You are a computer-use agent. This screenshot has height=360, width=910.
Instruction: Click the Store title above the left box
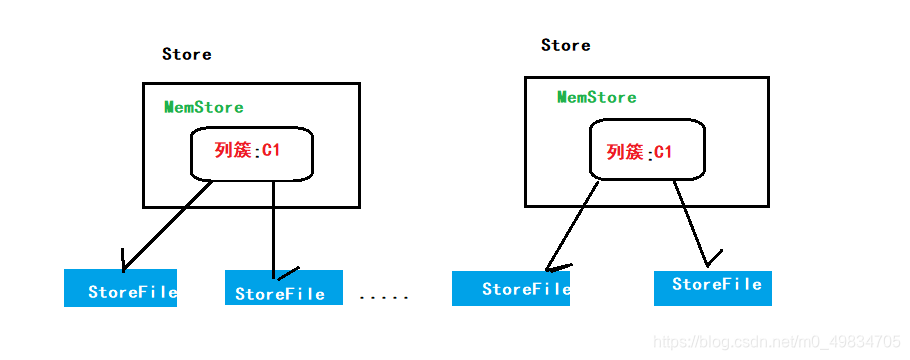(187, 54)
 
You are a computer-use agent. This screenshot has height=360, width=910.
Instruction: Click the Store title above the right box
(566, 45)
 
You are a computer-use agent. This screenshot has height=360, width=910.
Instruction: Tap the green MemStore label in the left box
(204, 107)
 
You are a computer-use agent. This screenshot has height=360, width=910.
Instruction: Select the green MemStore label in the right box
(597, 97)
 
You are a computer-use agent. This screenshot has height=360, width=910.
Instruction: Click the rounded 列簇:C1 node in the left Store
(252, 154)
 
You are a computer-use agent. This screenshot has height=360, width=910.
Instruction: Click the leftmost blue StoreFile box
(120, 288)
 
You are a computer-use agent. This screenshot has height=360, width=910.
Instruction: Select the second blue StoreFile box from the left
(284, 289)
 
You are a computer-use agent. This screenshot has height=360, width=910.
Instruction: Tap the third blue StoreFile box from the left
(510, 288)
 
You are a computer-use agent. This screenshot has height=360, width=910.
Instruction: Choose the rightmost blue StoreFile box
(713, 287)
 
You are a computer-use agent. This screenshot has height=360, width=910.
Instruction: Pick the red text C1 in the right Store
(662, 153)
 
